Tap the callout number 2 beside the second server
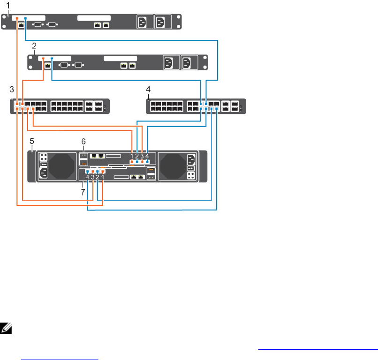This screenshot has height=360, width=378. pyautogui.click(x=34, y=45)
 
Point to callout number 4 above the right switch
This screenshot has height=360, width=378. pyautogui.click(x=149, y=89)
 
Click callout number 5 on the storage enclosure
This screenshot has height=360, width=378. pyautogui.click(x=31, y=140)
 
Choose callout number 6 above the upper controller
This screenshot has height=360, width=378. pyautogui.click(x=84, y=141)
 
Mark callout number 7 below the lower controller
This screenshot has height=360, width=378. pyautogui.click(x=84, y=192)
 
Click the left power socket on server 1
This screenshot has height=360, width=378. pyautogui.click(x=144, y=22)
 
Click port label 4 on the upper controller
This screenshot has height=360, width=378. pyautogui.click(x=147, y=156)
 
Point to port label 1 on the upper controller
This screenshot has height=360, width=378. pyautogui.click(x=132, y=156)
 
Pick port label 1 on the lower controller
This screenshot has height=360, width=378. pyautogui.click(x=103, y=177)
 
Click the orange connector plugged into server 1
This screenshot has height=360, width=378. pyautogui.click(x=17, y=19)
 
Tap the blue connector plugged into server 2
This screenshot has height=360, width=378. pyautogui.click(x=52, y=59)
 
